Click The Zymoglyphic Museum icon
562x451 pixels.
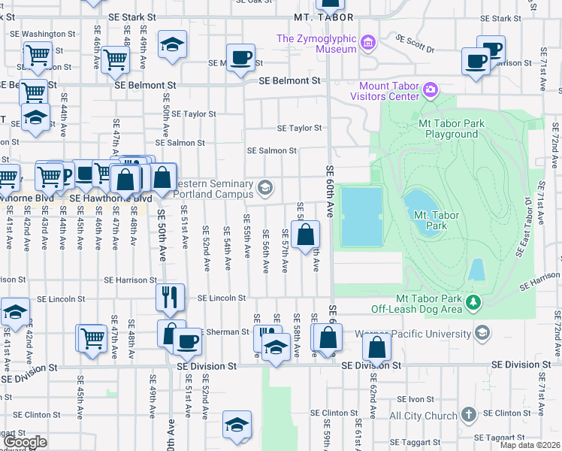[367, 41]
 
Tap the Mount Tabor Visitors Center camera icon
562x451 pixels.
[430, 91]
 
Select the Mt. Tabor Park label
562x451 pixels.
[431, 220]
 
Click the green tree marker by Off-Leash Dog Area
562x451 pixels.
[473, 302]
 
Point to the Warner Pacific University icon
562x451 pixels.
[482, 332]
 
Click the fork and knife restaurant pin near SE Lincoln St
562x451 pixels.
[170, 298]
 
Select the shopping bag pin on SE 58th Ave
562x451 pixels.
[306, 236]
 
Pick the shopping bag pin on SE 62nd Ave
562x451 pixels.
[376, 347]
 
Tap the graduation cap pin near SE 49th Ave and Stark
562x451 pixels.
[172, 44]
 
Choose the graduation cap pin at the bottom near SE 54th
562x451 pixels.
[237, 425]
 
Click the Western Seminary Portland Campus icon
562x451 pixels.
[264, 187]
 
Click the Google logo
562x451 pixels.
[26, 442]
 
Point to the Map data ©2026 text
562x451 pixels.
[529, 445]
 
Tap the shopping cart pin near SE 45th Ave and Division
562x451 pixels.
[92, 337]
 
